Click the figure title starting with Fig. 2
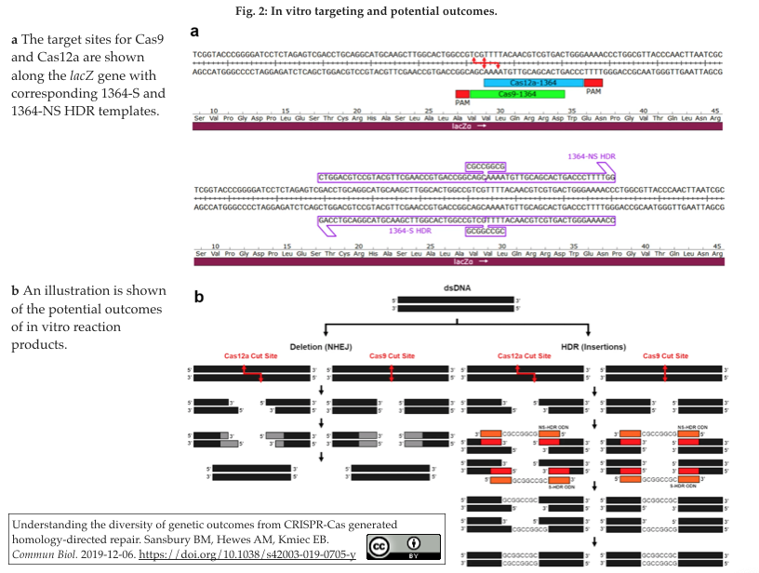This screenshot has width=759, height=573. [x=379, y=11]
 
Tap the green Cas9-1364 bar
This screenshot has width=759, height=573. [x=517, y=94]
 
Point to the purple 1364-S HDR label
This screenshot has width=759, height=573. [x=410, y=230]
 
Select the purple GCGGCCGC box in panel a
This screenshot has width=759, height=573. [x=486, y=230]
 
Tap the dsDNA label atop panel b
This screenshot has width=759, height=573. [x=456, y=288]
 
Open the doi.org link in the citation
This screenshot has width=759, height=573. [x=275, y=555]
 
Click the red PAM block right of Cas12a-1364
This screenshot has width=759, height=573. [x=594, y=83]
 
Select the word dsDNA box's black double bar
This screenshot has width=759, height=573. [x=456, y=304]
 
